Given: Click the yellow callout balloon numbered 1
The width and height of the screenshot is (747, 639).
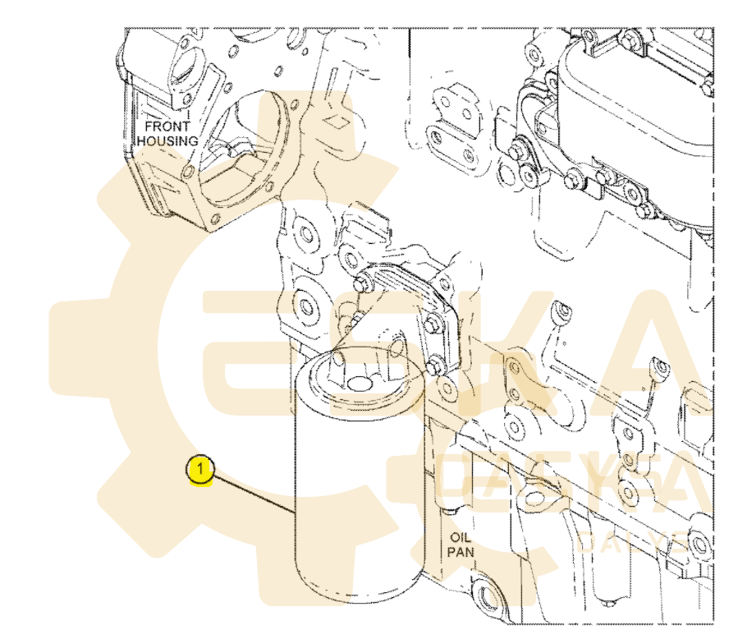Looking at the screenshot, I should point(199,471).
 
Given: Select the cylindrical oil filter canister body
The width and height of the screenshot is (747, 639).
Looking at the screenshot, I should point(357,493).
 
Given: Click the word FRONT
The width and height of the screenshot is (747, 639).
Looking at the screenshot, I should point(167,126).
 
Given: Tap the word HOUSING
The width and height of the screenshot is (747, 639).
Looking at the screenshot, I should point(167,140).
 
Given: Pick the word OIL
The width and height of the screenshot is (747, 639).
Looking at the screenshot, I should point(458,537).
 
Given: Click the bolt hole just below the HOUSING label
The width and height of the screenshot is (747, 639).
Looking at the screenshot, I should point(189,171).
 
